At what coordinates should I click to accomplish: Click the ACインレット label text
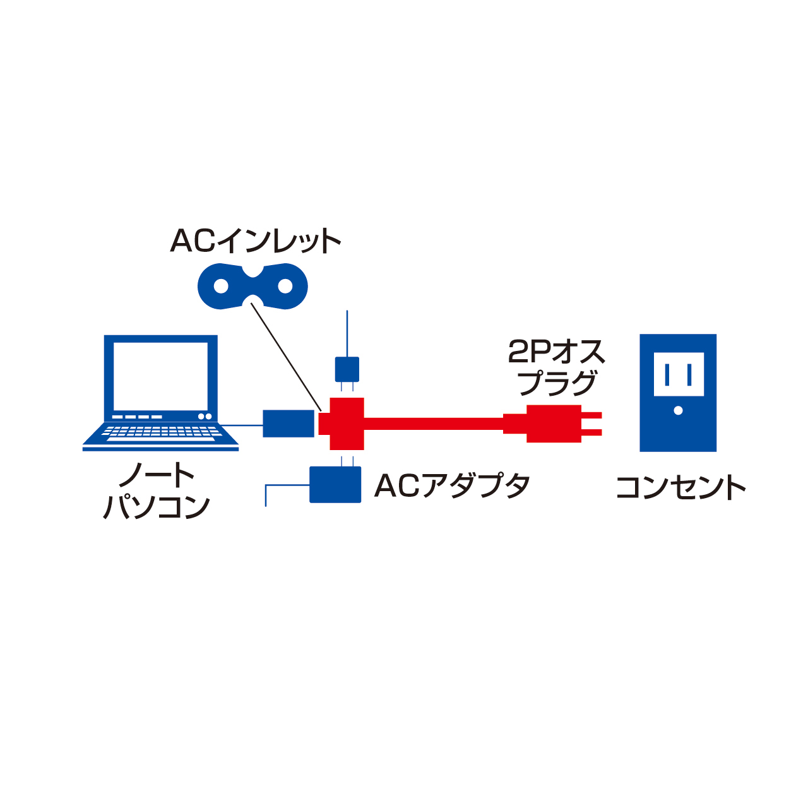[256, 241]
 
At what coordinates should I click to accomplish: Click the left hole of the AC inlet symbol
[221, 287]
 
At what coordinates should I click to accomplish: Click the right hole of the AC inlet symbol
[285, 287]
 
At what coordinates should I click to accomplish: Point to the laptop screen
[160, 376]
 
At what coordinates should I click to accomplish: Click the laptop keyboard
[160, 432]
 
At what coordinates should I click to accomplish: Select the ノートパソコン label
[157, 491]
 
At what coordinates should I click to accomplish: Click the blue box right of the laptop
[288, 424]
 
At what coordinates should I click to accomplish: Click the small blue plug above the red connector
[347, 369]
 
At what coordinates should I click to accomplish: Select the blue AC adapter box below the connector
[335, 485]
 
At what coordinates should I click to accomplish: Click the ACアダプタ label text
[452, 486]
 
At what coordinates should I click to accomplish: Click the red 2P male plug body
[553, 424]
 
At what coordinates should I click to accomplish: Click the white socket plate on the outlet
[679, 374]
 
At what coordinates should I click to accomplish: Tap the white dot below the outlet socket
[679, 410]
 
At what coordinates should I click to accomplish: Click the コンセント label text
[680, 488]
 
